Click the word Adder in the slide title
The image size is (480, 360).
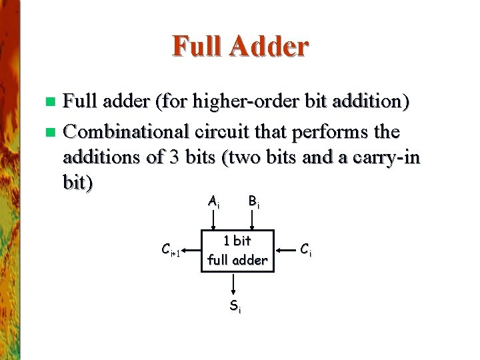pyautogui.click(x=270, y=47)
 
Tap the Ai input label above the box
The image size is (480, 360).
pyautogui.click(x=213, y=201)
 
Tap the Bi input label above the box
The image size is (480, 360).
pyautogui.click(x=253, y=201)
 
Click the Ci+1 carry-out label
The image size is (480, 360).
pyautogui.click(x=171, y=251)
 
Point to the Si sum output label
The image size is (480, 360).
pyautogui.click(x=235, y=307)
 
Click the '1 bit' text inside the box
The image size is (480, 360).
pyautogui.click(x=237, y=241)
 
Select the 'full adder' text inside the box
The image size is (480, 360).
pyautogui.click(x=237, y=260)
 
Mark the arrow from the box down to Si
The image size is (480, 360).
pyautogui.click(x=234, y=285)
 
